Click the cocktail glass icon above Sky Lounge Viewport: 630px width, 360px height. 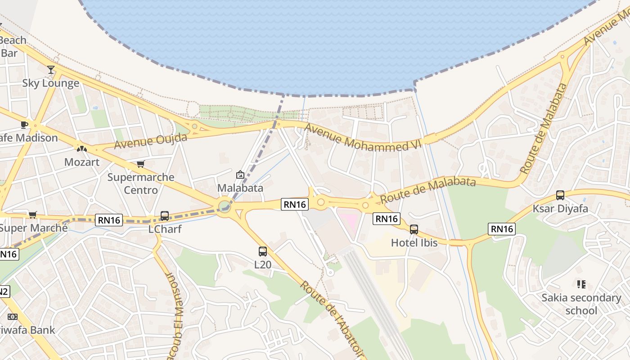[51, 70]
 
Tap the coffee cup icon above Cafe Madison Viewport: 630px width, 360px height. [24, 125]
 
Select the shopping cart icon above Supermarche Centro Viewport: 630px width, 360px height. [141, 164]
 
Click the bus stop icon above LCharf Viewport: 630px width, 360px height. [165, 216]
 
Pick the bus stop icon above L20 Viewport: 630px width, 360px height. [263, 252]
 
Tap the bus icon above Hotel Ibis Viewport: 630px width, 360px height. [414, 229]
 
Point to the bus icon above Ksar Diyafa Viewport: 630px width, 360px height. [560, 195]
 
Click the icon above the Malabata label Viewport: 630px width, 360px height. [240, 175]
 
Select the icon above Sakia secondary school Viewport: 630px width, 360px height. [581, 284]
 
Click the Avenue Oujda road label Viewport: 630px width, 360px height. [150, 141]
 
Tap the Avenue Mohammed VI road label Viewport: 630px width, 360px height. [363, 137]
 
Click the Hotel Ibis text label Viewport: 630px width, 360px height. [414, 243]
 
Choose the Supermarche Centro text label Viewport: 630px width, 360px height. [141, 183]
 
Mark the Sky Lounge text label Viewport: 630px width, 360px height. [51, 83]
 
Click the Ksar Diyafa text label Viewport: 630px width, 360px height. [560, 209]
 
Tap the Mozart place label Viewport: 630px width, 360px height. [82, 162]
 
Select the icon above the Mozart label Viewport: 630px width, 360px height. [82, 148]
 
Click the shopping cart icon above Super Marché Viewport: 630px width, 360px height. [33, 215]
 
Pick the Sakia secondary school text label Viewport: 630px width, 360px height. [581, 304]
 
